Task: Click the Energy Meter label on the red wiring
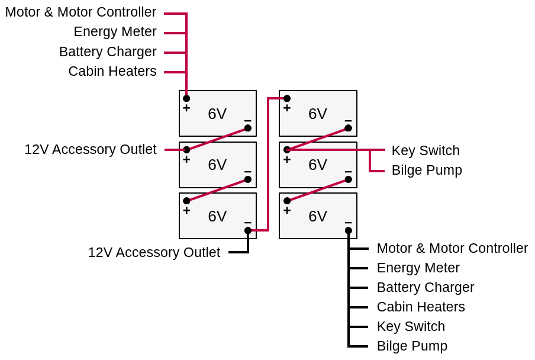(115, 32)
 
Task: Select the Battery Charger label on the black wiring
(425, 288)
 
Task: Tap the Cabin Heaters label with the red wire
(112, 72)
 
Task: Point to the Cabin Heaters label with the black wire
(420, 307)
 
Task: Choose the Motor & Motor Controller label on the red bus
(80, 12)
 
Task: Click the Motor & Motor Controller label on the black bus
(452, 249)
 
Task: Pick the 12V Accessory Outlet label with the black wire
(154, 253)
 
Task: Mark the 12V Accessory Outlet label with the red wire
(90, 150)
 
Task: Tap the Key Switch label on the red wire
(425, 151)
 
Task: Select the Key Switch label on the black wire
(411, 327)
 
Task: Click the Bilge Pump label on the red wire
(426, 171)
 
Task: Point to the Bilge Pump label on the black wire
(412, 346)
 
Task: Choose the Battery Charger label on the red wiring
(108, 52)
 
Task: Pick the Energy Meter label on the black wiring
(418, 268)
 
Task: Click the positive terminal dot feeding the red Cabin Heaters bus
(186, 98)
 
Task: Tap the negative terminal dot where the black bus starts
(349, 230)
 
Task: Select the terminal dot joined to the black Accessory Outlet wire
(248, 230)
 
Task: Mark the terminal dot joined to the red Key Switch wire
(287, 150)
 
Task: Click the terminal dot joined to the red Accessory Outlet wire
(186, 150)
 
